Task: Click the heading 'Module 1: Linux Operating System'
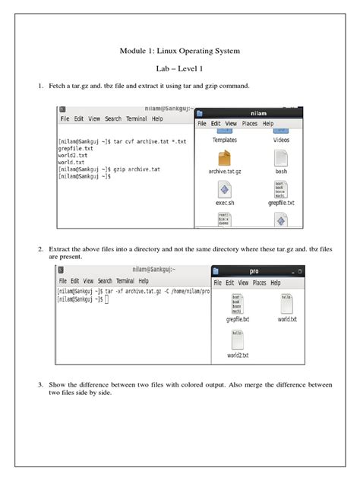(x=180, y=51)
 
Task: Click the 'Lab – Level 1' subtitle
(x=180, y=68)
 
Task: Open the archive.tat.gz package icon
(x=225, y=159)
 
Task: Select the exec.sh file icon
(x=225, y=190)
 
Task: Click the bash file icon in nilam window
(x=281, y=159)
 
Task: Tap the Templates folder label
(x=225, y=140)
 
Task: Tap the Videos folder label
(x=281, y=140)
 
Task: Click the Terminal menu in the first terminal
(x=137, y=119)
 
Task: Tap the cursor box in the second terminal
(x=106, y=300)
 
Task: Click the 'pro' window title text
(x=254, y=271)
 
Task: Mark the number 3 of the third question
(x=40, y=385)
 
